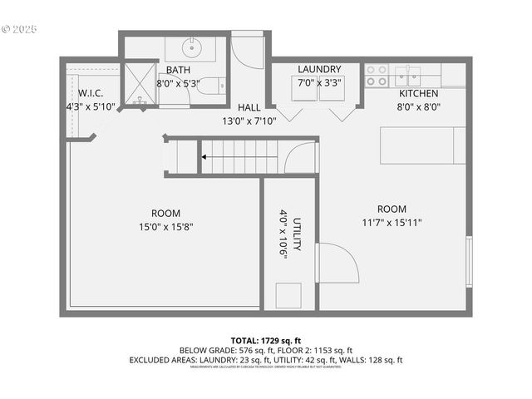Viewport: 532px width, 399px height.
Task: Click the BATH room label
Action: coord(179,71)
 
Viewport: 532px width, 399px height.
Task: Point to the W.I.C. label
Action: coord(90,93)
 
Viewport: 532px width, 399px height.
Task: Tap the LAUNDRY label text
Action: coord(319,69)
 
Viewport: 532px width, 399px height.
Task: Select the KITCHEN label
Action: coord(418,93)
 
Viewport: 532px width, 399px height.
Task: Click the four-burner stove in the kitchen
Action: coord(377,76)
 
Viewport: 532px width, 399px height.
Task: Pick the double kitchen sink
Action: coord(407,76)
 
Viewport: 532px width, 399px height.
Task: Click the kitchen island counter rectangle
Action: coord(423,145)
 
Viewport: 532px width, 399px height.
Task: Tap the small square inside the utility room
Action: coord(288,295)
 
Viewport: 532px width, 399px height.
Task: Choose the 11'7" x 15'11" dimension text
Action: coord(392,222)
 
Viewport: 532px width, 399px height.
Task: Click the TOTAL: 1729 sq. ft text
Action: coord(265,340)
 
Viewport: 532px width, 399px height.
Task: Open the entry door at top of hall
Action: coord(248,52)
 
